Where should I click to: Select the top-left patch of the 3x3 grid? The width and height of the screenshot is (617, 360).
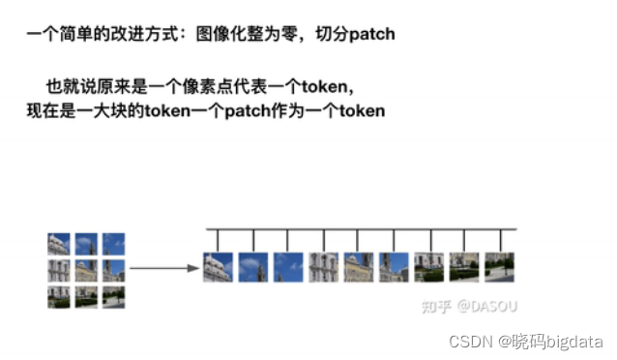click(x=59, y=244)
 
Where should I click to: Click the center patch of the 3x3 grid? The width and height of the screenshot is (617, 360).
click(x=86, y=270)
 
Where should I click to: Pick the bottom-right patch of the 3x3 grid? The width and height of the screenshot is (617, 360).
click(x=113, y=296)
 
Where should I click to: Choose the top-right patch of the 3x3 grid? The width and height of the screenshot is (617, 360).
click(x=113, y=244)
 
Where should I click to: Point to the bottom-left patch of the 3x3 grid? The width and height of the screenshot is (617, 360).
click(x=59, y=296)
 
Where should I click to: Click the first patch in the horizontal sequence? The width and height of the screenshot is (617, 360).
click(x=218, y=266)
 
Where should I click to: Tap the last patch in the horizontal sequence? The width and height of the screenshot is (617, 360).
click(x=498, y=266)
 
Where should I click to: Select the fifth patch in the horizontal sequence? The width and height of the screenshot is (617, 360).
click(x=358, y=266)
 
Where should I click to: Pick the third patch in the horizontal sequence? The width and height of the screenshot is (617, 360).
click(x=288, y=266)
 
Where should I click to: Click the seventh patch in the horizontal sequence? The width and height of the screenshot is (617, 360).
click(x=428, y=266)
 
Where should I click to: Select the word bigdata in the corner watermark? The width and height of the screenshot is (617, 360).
click(x=575, y=341)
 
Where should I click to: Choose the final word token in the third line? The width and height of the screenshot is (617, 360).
click(x=362, y=111)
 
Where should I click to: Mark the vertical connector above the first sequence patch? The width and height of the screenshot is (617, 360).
click(x=218, y=240)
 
